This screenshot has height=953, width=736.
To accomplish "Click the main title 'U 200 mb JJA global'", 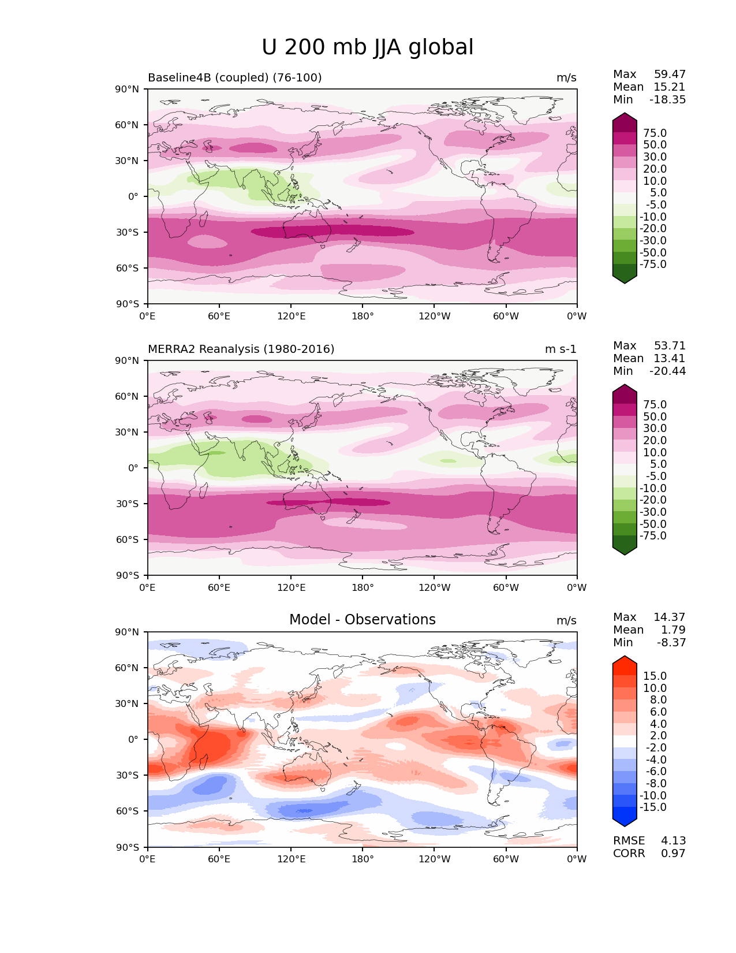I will click(367, 47).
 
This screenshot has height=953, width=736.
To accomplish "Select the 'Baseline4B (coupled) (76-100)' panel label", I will click(234, 78).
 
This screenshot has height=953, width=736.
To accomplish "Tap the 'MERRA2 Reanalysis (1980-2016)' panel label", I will click(241, 349).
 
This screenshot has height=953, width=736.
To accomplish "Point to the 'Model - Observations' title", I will click(362, 620).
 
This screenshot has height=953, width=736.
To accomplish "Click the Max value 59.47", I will click(670, 75).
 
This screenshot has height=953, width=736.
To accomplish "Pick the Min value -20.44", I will click(667, 371).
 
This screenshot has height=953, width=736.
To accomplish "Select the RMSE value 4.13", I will click(673, 841).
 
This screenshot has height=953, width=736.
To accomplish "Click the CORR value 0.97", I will click(673, 854).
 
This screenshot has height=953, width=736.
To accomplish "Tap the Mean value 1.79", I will click(673, 630).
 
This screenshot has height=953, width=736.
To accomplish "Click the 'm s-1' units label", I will click(561, 349).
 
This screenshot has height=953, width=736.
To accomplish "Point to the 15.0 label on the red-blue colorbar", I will click(655, 676).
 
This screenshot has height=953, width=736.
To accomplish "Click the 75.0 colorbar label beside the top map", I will click(655, 133).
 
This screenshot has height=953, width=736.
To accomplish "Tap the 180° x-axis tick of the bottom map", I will click(362, 859).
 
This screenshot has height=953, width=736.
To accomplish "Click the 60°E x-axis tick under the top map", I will click(219, 317).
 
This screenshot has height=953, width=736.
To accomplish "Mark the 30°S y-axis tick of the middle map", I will click(128, 504).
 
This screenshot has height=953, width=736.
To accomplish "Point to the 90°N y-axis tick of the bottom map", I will click(128, 632).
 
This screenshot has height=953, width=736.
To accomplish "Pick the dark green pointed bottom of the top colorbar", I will click(625, 278).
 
